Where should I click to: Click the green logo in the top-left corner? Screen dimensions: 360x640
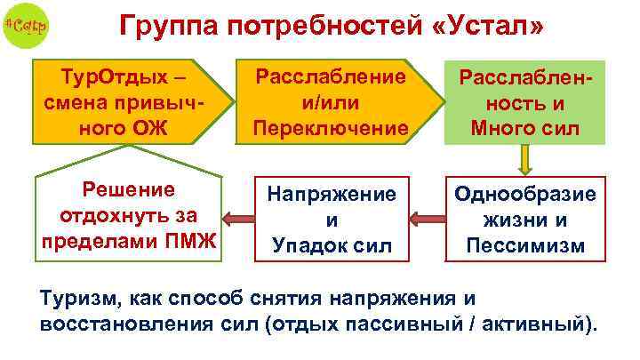point(26,26)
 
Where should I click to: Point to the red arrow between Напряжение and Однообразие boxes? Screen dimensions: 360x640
point(428,216)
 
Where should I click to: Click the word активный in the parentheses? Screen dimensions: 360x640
point(541,323)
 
